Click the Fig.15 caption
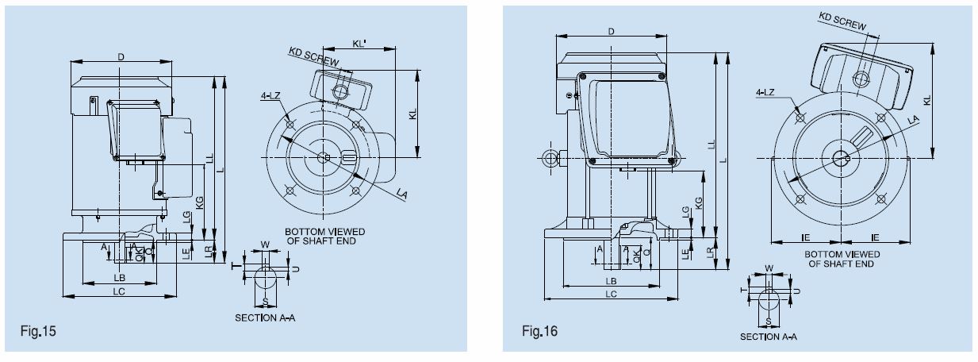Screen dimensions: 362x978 37,328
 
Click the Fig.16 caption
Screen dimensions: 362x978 540,330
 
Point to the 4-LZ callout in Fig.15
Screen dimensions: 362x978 270,96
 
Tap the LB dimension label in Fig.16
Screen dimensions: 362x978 611,283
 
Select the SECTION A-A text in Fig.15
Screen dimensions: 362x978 264,318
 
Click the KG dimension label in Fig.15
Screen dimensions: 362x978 199,202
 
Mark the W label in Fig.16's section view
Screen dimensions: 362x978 768,268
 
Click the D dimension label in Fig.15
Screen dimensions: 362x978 121,56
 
